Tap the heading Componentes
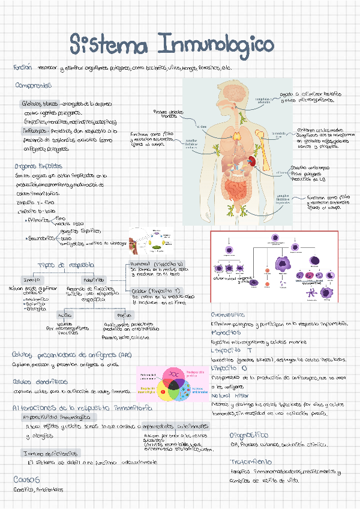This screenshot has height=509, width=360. tap(34, 86)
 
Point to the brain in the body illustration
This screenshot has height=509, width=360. tap(237, 91)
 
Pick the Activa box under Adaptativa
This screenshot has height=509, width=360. tap(64, 315)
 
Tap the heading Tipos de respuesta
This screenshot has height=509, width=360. tap(65, 265)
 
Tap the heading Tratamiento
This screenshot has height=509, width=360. tap(251, 462)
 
